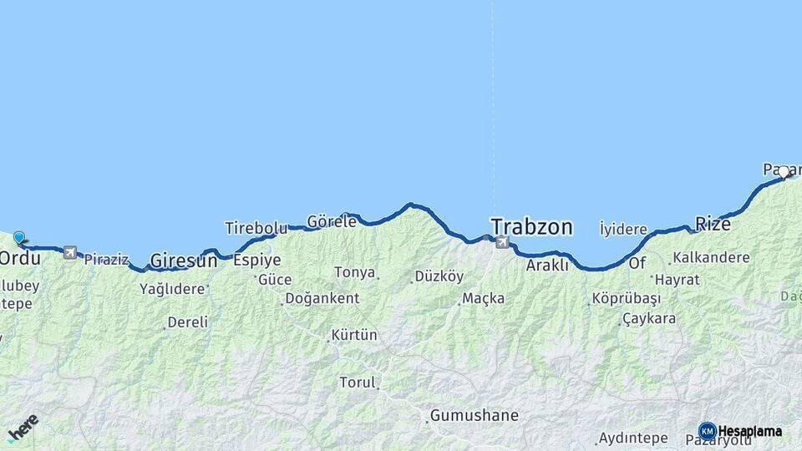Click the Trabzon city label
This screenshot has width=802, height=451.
[x=531, y=226]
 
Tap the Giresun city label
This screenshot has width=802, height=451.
[x=183, y=261]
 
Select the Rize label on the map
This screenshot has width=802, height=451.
[x=713, y=223]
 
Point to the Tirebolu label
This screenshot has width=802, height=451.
[x=256, y=228]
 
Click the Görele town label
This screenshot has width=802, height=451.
[x=332, y=222]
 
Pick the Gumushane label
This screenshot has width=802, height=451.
[x=474, y=415]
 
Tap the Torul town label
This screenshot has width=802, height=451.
[x=358, y=383]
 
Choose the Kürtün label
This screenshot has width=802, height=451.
[x=354, y=335]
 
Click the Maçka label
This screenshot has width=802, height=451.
[x=484, y=298]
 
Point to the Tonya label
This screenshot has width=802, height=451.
[x=354, y=272]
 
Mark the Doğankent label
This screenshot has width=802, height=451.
[x=322, y=298]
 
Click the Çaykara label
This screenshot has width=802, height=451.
[x=649, y=318]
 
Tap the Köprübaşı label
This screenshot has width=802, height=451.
[x=626, y=298]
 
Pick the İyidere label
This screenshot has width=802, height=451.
[x=623, y=229]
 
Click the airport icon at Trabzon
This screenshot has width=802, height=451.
[x=502, y=242]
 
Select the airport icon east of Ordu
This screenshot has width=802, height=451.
[x=70, y=252]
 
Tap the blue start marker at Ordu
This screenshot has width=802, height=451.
[x=19, y=238]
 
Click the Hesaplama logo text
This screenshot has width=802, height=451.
[x=749, y=431]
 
